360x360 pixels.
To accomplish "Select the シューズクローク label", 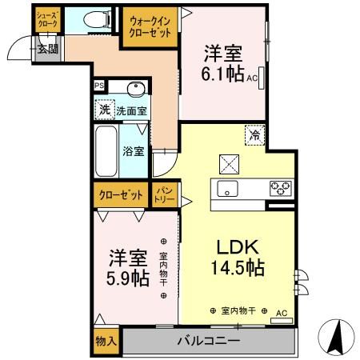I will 47,20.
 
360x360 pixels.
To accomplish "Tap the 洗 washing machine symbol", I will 104,109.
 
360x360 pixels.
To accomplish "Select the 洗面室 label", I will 130,110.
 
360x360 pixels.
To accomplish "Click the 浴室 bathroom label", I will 133,150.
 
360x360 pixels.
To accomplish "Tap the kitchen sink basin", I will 226,190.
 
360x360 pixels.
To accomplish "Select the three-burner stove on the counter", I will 279,189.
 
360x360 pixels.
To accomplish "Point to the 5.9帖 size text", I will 128,279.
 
